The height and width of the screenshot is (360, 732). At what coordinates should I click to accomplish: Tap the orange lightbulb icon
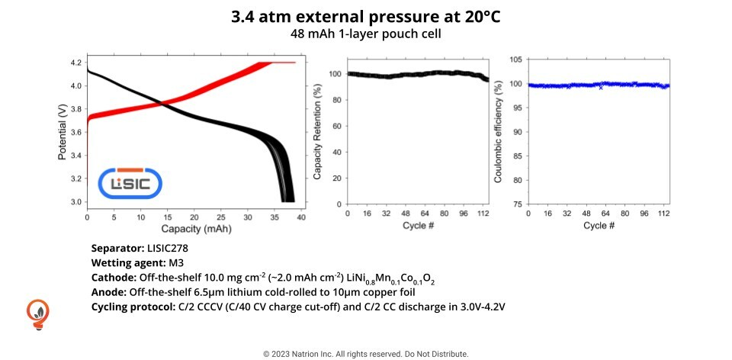pos(37,313)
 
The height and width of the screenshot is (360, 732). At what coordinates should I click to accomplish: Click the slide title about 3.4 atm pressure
pos(366,17)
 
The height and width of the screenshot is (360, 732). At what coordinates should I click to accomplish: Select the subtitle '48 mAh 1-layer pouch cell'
pos(366,34)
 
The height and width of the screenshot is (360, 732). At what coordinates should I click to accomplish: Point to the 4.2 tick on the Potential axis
pos(75,63)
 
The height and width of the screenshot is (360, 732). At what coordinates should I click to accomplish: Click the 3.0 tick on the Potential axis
pos(75,202)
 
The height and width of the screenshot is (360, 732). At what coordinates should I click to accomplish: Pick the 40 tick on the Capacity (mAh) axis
pos(300,217)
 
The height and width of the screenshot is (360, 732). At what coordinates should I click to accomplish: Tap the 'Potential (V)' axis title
pos(62,132)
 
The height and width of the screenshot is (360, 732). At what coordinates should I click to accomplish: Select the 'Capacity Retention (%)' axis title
pos(317,132)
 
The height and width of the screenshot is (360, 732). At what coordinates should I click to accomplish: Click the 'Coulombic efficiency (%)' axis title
pos(498,132)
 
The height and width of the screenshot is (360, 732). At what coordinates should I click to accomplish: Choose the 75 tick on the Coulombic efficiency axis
pos(517,204)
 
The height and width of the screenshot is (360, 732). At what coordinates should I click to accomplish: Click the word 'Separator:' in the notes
pos(117,249)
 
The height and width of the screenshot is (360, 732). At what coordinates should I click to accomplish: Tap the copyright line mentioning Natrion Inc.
pos(366,354)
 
